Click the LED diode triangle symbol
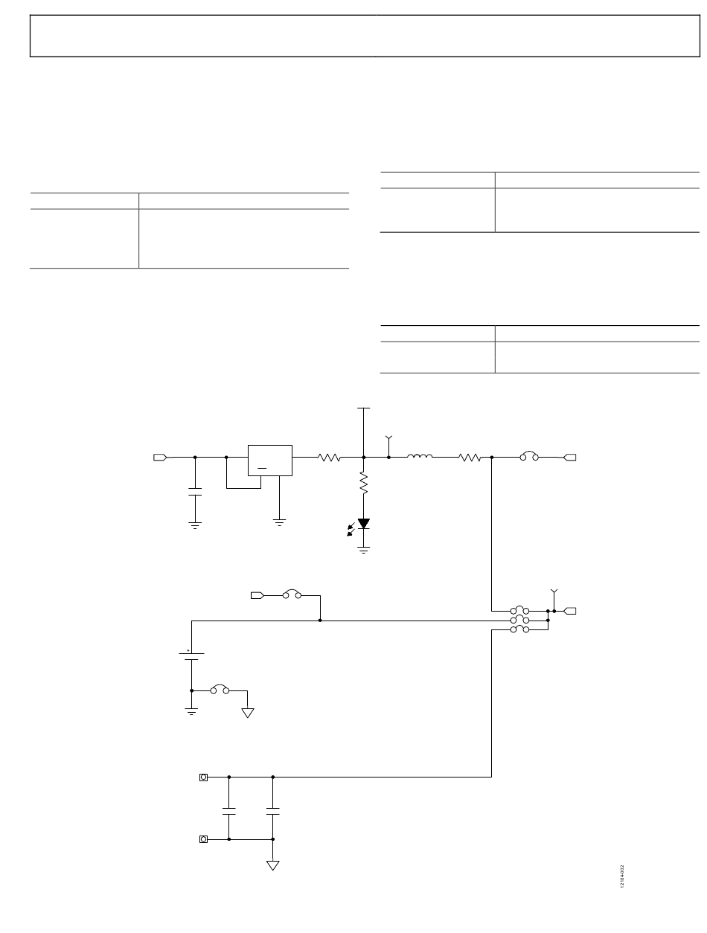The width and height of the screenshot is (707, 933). click(x=364, y=524)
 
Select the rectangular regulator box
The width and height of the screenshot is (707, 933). click(x=269, y=460)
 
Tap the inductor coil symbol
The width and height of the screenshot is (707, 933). click(x=420, y=457)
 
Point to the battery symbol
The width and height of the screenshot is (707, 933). click(x=191, y=656)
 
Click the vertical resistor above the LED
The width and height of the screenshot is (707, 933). click(x=364, y=485)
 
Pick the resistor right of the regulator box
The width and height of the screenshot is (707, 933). click(x=330, y=458)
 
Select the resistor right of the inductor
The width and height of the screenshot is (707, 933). click(x=470, y=458)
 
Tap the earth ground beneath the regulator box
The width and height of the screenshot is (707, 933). click(x=280, y=523)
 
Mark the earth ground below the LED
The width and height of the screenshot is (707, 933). click(x=364, y=550)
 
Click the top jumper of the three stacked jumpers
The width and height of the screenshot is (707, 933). click(x=519, y=610)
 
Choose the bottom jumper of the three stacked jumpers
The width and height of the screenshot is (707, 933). click(x=519, y=629)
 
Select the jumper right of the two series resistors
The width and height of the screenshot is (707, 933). click(x=528, y=458)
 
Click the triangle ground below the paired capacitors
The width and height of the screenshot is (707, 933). click(x=273, y=865)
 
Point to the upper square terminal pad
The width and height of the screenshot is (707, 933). click(x=204, y=777)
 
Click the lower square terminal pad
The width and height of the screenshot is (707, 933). click(x=204, y=839)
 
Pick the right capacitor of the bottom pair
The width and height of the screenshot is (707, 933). click(x=273, y=809)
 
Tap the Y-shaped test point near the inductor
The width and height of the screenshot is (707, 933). click(x=388, y=441)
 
